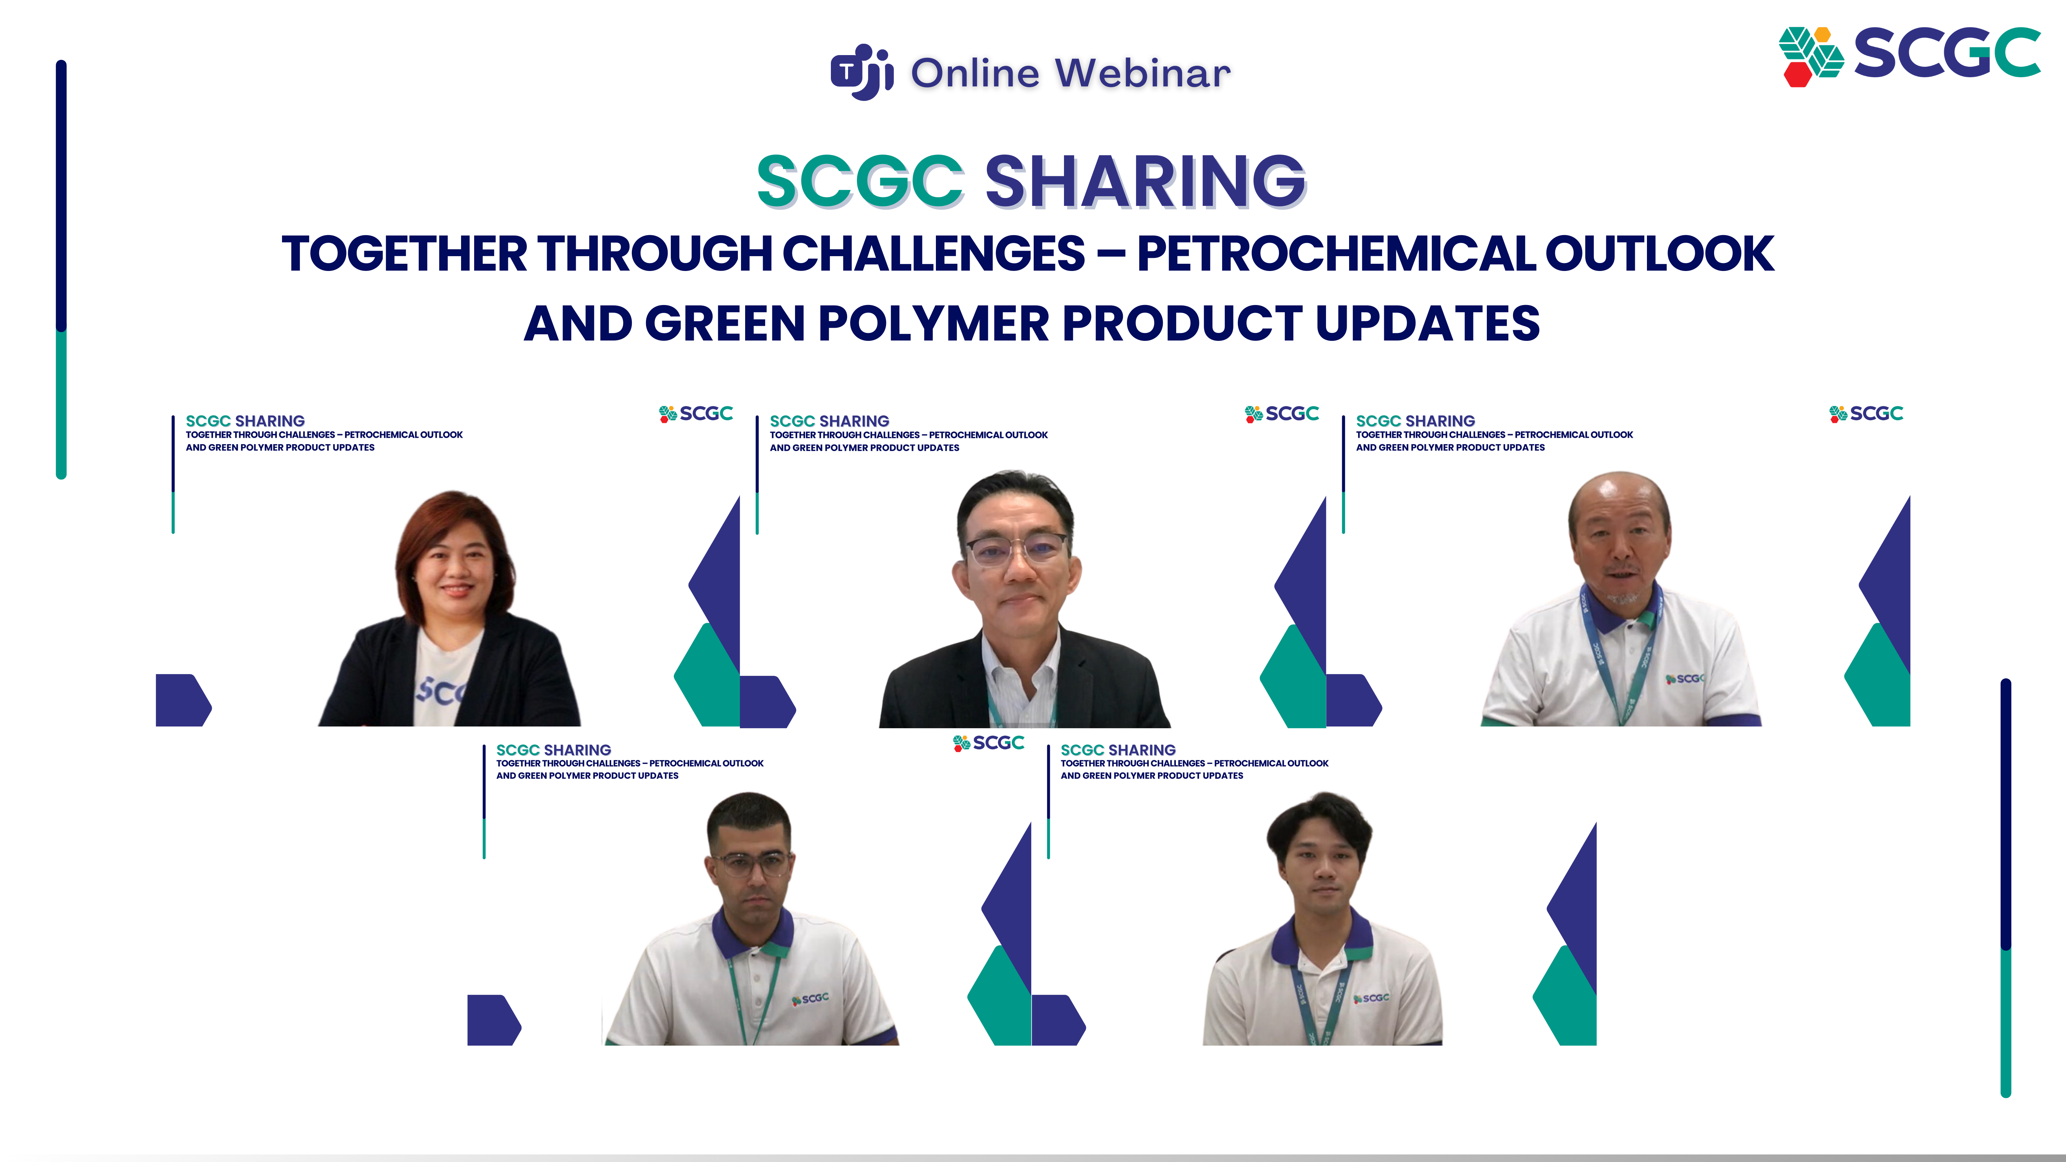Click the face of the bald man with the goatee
click(x=1620, y=545)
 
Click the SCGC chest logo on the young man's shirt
click(x=1371, y=998)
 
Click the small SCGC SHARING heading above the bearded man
click(x=553, y=750)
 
